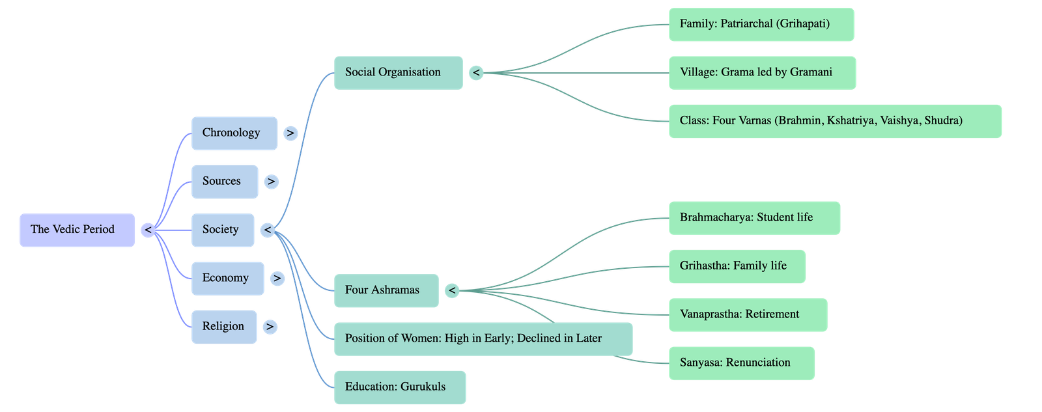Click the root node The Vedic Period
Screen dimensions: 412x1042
point(77,230)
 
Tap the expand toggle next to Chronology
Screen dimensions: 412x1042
point(290,133)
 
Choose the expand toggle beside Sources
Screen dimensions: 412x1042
point(271,182)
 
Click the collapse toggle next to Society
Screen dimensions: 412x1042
point(267,230)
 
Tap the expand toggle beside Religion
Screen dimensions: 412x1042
point(270,327)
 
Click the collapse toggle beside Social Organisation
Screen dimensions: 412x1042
point(476,73)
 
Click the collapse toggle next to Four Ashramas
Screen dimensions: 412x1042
point(452,291)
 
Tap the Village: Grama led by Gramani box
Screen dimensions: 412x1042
point(762,72)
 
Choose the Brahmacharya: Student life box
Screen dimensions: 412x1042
point(754,217)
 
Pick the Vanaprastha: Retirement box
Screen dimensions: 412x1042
point(748,314)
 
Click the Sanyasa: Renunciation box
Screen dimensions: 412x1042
point(741,363)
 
